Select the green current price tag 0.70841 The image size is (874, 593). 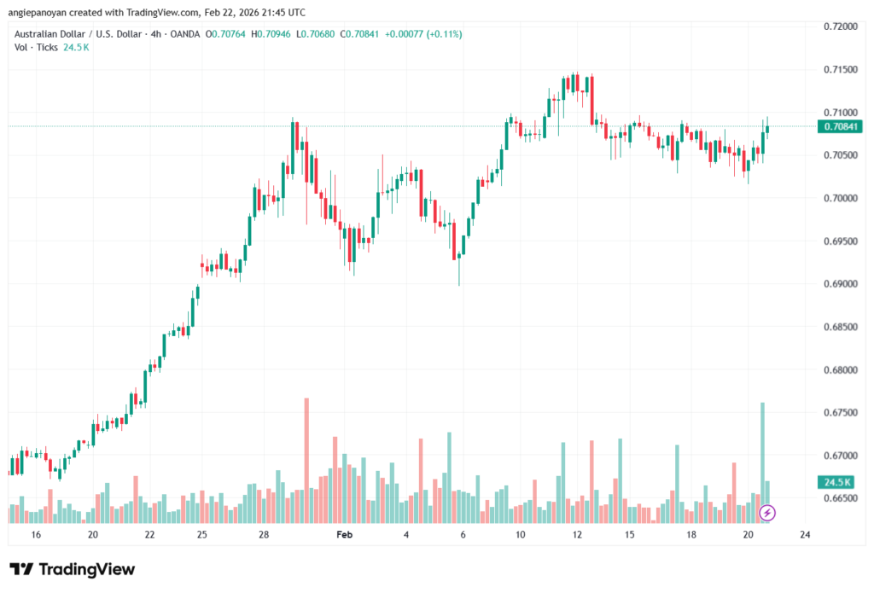coord(840,126)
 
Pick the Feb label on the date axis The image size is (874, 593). coord(344,535)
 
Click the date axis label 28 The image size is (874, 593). coord(264,535)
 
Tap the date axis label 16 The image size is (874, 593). coord(36,535)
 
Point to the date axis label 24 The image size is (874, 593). coord(805,535)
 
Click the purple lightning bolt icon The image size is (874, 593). coord(767,513)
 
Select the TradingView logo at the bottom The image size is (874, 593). coord(72,569)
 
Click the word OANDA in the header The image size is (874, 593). coord(184,34)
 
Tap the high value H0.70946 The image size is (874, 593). coord(263,34)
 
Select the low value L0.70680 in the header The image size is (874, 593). coord(312,34)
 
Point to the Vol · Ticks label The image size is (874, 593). coord(36,47)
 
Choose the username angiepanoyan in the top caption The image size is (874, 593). coord(39,13)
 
